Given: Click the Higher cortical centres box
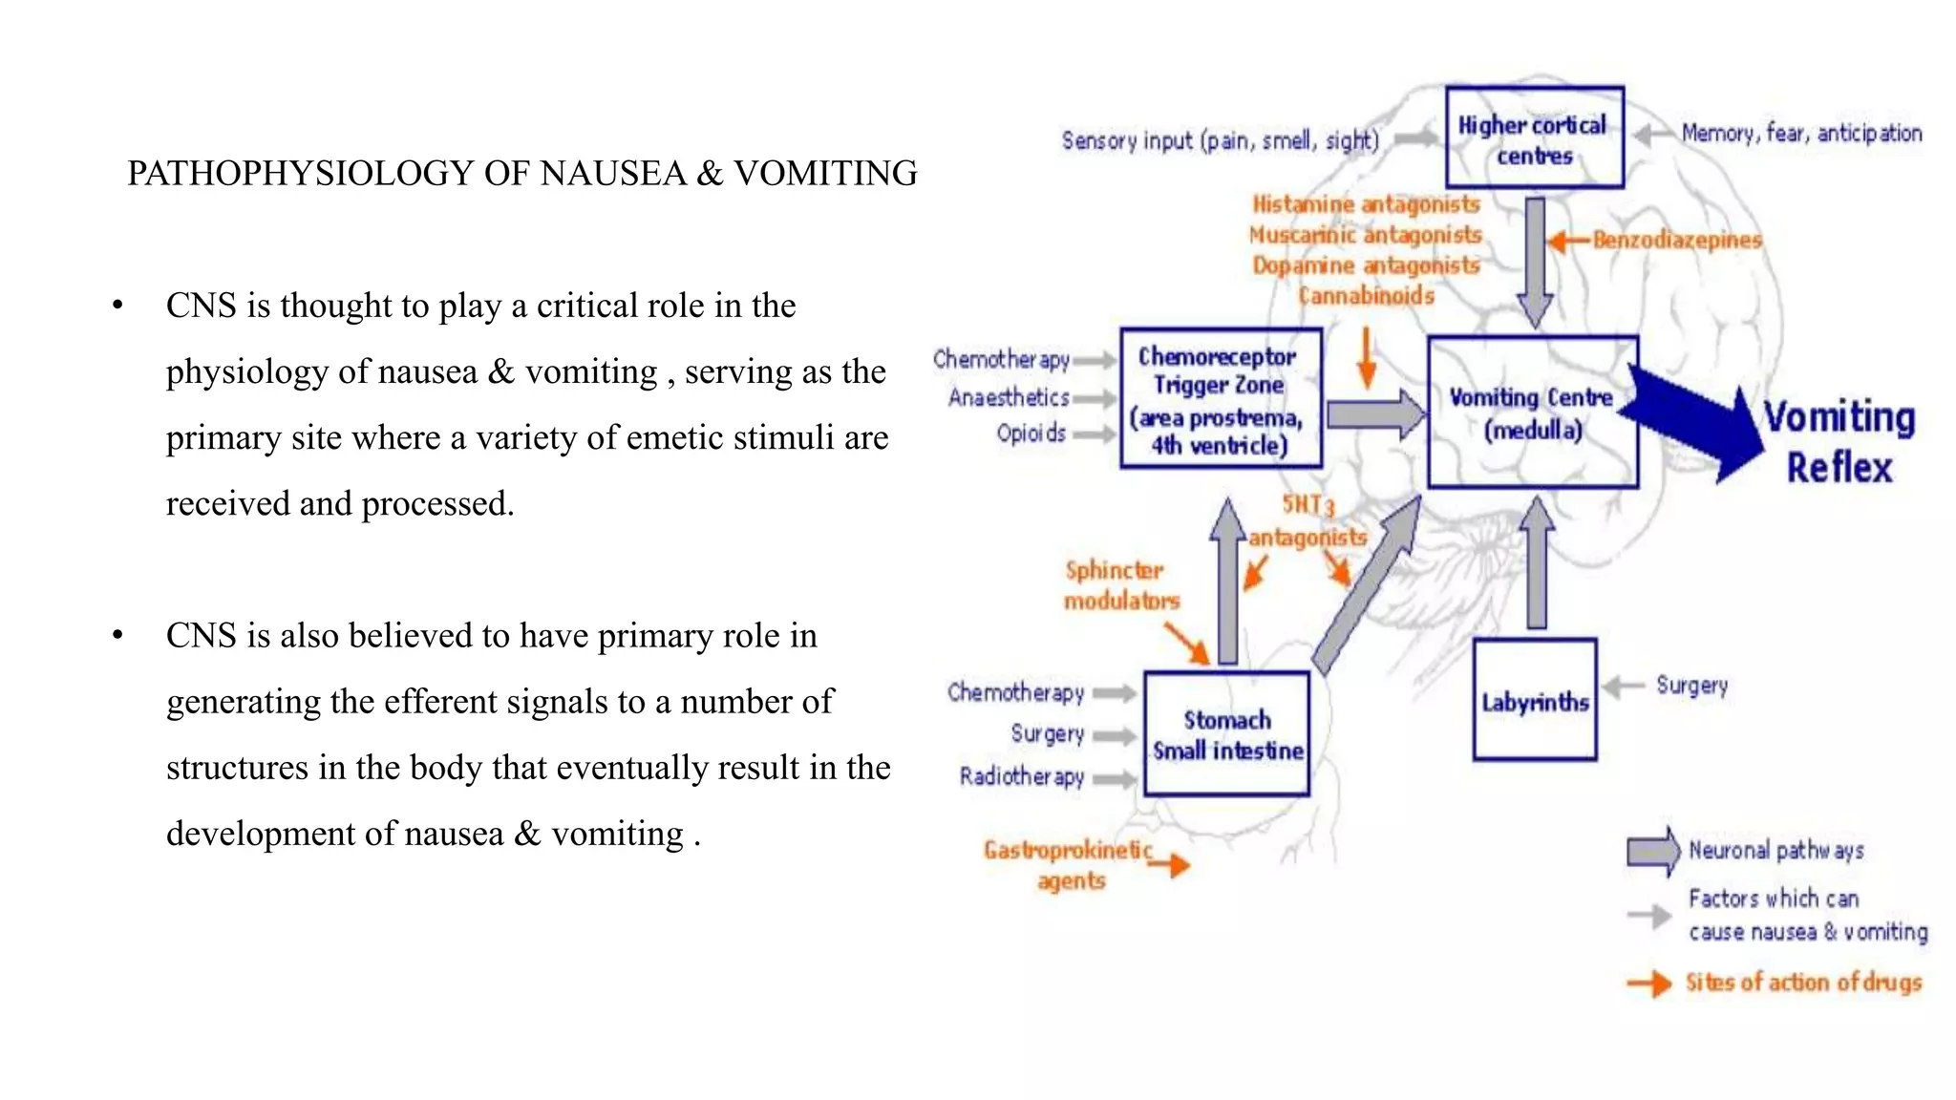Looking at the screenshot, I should click(x=1534, y=138).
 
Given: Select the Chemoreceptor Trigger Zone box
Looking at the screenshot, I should click(x=1221, y=399).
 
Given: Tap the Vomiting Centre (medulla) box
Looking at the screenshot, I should click(x=1532, y=412).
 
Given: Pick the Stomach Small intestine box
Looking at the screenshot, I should click(x=1226, y=733).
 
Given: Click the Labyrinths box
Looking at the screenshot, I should click(x=1534, y=701).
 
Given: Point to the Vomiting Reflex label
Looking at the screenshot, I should click(x=1839, y=442).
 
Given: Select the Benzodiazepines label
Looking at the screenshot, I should click(x=1677, y=240).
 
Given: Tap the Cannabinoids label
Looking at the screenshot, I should click(x=1367, y=296).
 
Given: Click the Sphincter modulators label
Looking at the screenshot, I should click(x=1121, y=585).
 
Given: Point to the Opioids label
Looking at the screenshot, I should click(x=1031, y=434).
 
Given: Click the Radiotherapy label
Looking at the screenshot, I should click(x=1022, y=776).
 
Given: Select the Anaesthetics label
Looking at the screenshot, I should click(x=1009, y=397).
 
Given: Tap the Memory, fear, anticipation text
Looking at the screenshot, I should click(x=1801, y=134).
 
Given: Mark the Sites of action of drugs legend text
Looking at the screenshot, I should click(x=1803, y=983).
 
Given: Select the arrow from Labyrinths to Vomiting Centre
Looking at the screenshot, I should click(x=1537, y=563).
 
